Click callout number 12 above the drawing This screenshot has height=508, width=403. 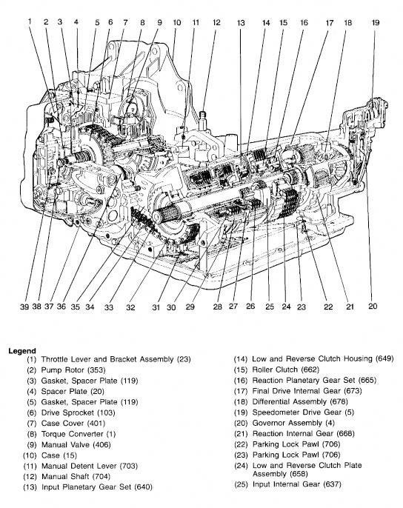(x=216, y=23)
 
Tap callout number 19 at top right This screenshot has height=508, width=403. (x=375, y=23)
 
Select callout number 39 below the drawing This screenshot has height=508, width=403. (x=24, y=307)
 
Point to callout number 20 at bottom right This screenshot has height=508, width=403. (x=373, y=306)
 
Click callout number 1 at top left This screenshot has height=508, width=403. (x=30, y=21)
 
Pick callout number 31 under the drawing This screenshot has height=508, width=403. (x=156, y=307)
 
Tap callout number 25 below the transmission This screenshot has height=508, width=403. (x=270, y=307)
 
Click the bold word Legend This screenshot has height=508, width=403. (x=22, y=350)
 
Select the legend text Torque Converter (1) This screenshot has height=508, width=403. (x=78, y=434)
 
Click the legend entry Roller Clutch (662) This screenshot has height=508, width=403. (x=286, y=370)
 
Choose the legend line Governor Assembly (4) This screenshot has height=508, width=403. (x=293, y=423)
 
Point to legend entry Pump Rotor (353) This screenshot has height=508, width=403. (x=73, y=370)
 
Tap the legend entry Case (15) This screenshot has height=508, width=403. (x=59, y=455)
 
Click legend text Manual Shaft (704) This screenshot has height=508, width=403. (x=76, y=477)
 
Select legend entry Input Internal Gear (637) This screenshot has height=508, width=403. (x=296, y=484)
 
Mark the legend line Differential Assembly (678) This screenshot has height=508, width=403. (x=300, y=401)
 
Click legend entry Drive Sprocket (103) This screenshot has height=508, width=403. (x=78, y=412)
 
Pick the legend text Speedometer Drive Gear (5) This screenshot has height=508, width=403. (x=303, y=412)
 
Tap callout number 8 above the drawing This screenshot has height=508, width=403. (x=142, y=23)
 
